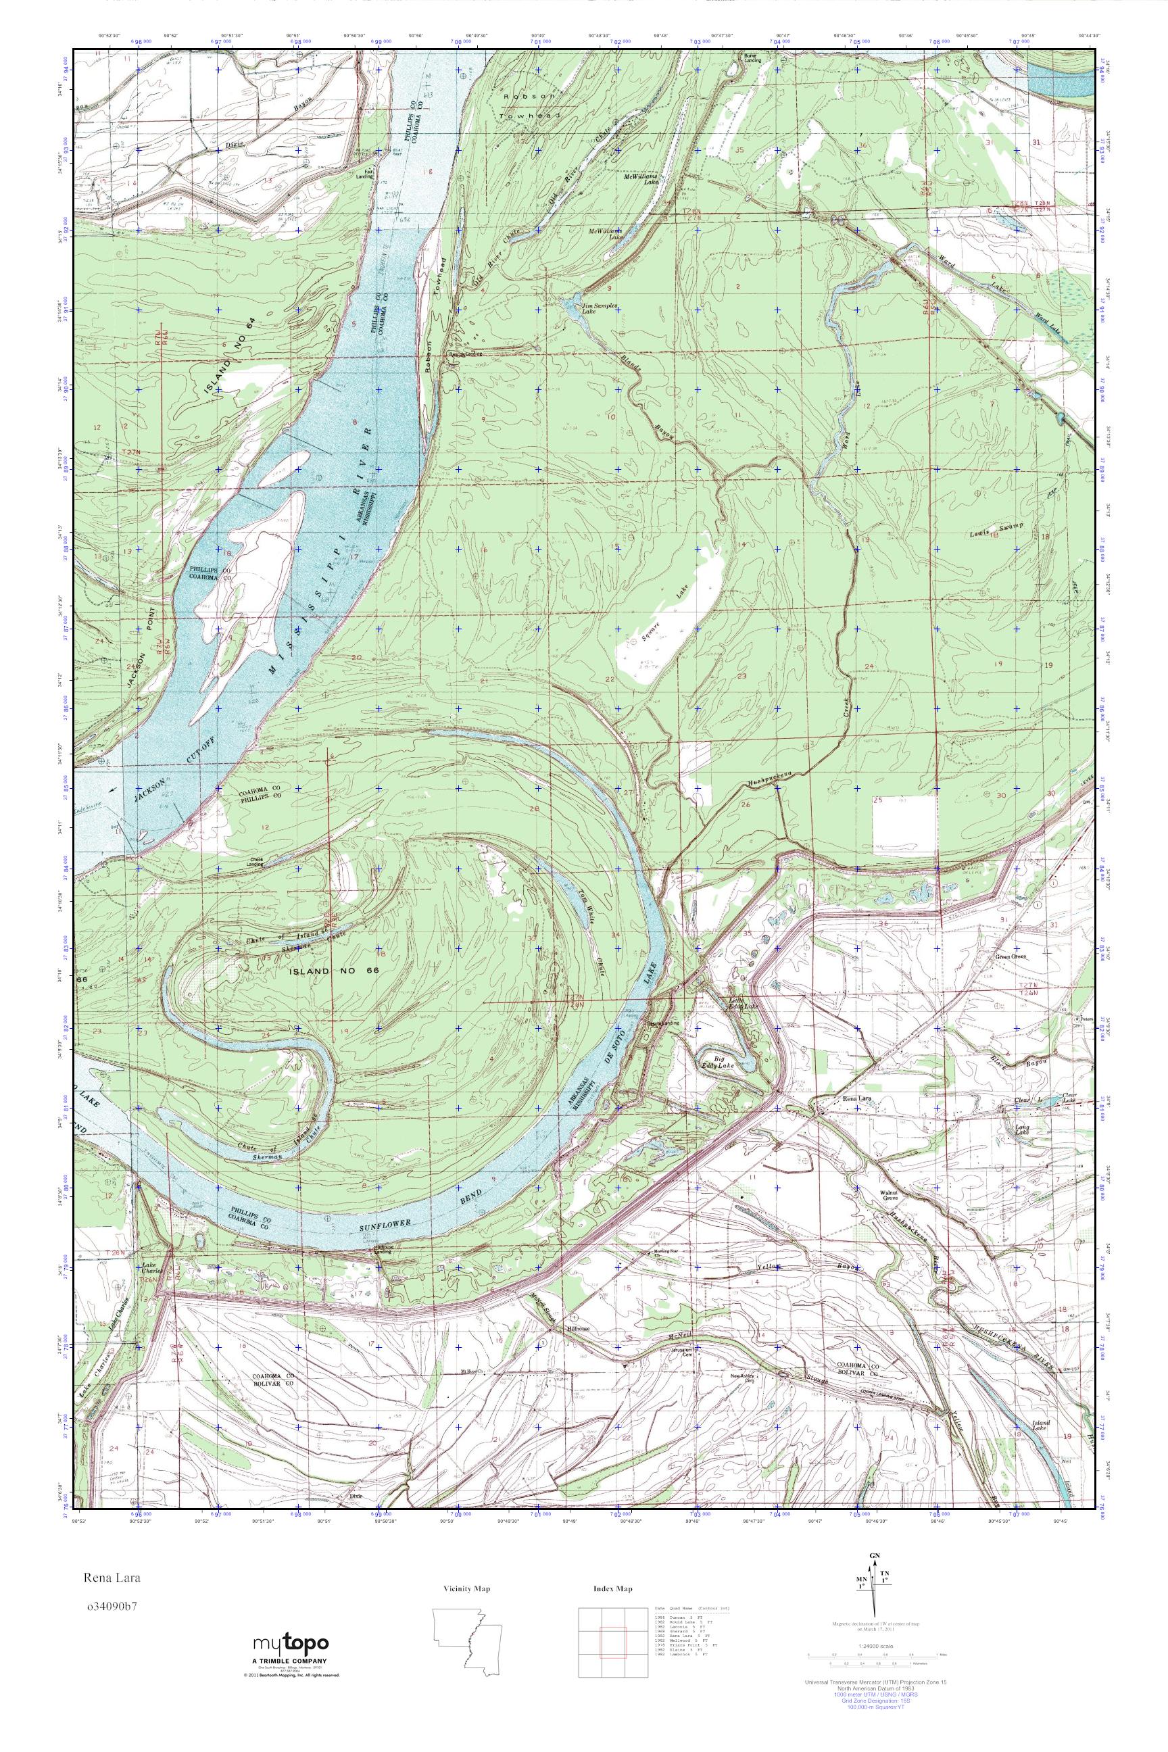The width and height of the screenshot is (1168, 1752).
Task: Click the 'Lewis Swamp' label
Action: (996, 531)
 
